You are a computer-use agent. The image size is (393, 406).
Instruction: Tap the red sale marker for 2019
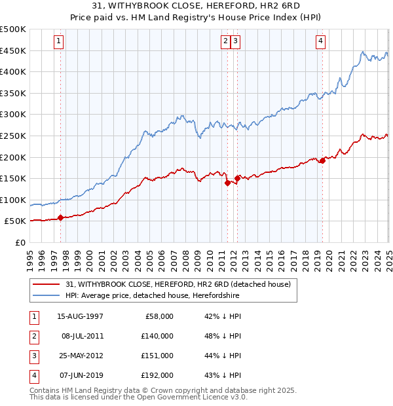coord(322,160)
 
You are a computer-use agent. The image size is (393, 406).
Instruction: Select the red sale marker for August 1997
coord(61,217)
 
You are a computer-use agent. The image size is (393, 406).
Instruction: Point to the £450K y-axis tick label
coord(13,50)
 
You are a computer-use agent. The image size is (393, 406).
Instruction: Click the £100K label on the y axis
coord(13,200)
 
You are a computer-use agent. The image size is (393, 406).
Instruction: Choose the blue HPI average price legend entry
coord(153,296)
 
